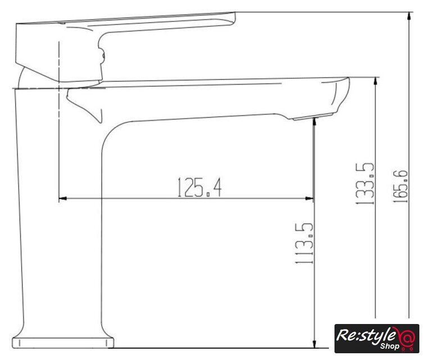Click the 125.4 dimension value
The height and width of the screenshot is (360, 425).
pyautogui.click(x=200, y=187)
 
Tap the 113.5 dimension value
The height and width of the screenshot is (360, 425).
pyautogui.click(x=304, y=243)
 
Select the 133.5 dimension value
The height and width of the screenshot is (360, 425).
pyautogui.click(x=364, y=183)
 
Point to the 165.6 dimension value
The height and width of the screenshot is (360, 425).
pyautogui.click(x=400, y=186)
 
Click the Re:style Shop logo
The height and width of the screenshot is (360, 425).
pyautogui.click(x=377, y=338)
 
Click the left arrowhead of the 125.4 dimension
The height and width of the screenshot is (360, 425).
pyautogui.click(x=62, y=199)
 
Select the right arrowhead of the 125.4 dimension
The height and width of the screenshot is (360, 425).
pyautogui.click(x=310, y=199)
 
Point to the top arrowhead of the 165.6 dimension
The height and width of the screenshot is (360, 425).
pyautogui.click(x=409, y=16)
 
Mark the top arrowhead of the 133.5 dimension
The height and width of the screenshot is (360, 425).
pyautogui.click(x=376, y=81)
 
